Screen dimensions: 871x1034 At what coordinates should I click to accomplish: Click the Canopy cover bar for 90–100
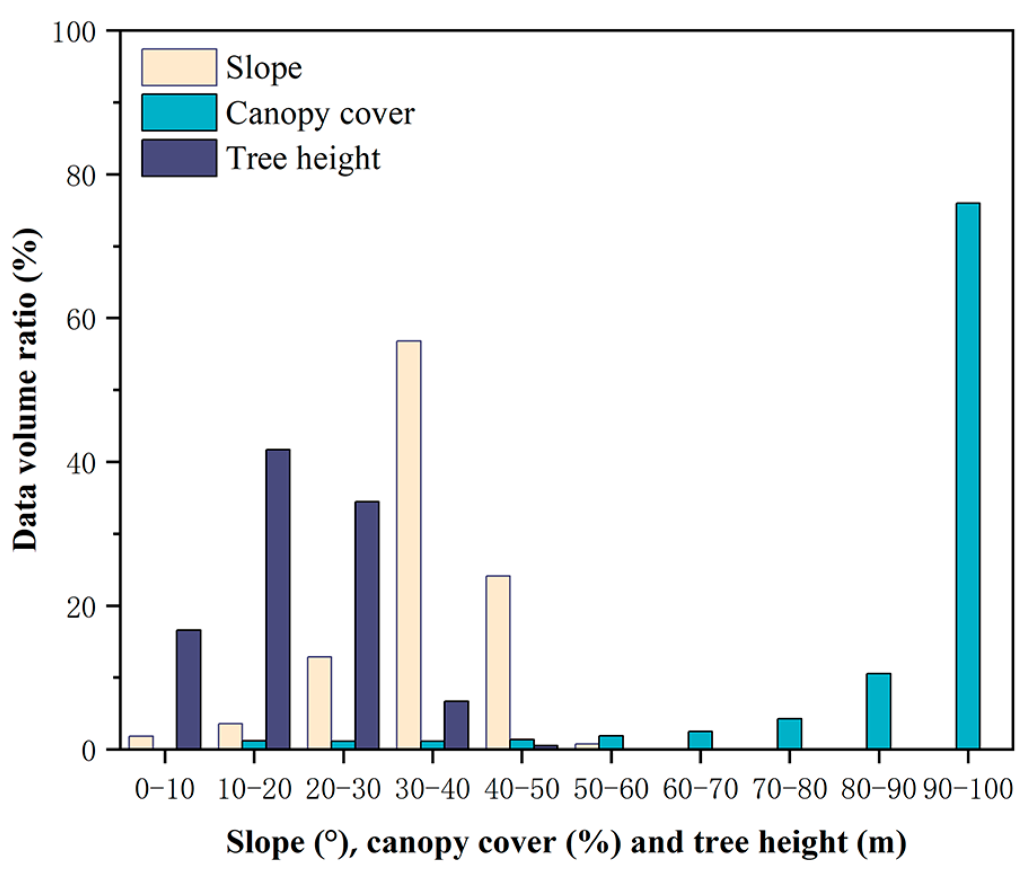[967, 476]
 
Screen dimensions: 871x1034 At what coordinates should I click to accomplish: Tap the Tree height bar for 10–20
[278, 599]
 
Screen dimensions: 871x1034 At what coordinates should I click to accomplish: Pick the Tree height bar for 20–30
[367, 625]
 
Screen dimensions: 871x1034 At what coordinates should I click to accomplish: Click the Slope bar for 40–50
[498, 662]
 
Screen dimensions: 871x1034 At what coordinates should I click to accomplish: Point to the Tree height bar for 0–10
[188, 689]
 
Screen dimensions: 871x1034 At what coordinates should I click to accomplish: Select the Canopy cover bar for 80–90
[878, 711]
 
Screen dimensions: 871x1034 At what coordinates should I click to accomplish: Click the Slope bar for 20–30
[319, 703]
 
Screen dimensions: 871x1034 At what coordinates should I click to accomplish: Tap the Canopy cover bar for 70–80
[789, 734]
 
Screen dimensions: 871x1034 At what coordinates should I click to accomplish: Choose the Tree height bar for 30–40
[456, 725]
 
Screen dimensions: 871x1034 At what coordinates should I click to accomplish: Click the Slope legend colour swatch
[179, 68]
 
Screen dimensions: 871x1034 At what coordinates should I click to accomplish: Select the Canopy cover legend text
[320, 113]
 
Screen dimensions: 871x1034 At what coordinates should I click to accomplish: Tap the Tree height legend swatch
[179, 158]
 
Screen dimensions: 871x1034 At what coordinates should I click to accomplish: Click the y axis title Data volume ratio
[25, 389]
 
